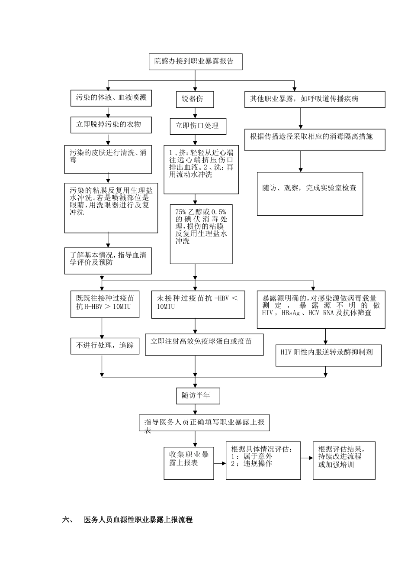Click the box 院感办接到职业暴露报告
point(195,61)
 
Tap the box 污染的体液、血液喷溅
point(111,98)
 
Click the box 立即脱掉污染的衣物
point(111,125)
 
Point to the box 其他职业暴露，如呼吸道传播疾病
point(314,99)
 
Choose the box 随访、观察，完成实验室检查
point(310,194)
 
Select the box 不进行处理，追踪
point(105,346)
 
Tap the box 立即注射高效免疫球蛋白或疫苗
point(204,344)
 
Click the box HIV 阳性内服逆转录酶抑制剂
point(328,355)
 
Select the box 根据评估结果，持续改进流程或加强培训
point(344,460)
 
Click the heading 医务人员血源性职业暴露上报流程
point(138,520)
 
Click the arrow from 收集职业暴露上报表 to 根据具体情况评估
point(220,463)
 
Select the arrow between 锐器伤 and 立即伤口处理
point(195,113)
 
